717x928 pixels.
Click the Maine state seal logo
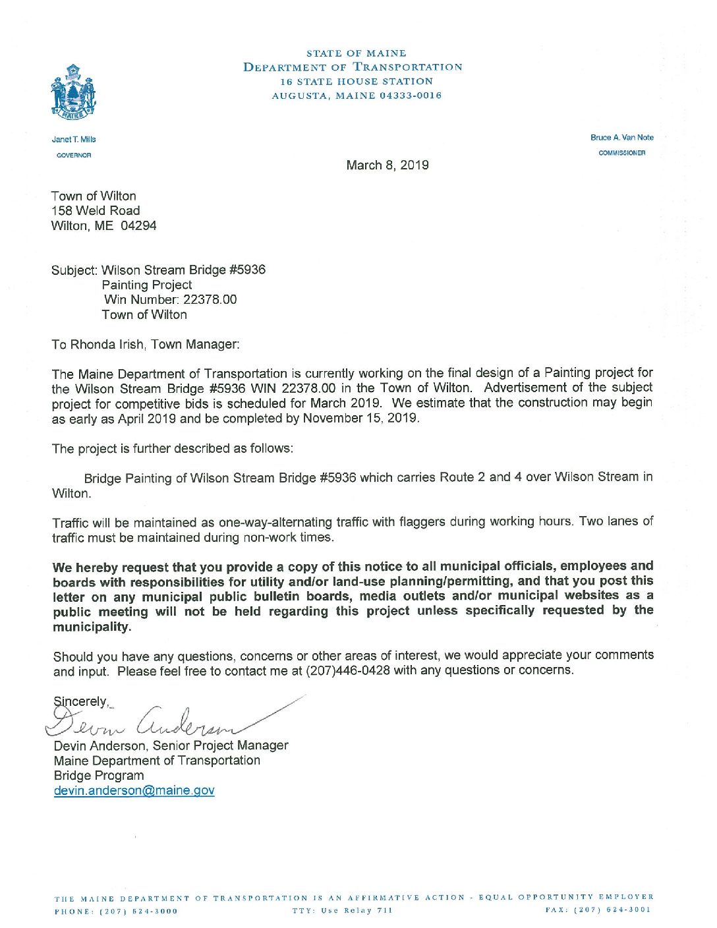point(73,92)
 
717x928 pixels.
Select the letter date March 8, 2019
point(387,165)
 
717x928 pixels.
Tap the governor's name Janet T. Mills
point(74,140)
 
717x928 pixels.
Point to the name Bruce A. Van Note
point(622,138)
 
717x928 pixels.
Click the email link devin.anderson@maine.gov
point(134,790)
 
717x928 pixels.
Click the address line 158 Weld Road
point(96,211)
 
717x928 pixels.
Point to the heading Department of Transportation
point(353,67)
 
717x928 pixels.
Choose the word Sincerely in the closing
point(80,701)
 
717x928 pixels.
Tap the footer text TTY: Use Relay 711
point(342,911)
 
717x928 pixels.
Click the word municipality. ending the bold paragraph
point(92,627)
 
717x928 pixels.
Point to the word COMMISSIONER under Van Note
point(621,153)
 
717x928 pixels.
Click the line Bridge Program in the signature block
point(99,775)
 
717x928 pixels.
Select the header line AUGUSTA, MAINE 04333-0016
point(357,96)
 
